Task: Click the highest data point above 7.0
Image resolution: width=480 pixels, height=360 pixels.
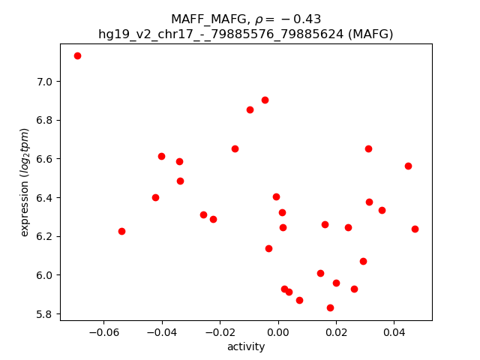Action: tap(77, 55)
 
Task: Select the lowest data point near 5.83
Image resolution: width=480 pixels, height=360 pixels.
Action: tap(330, 307)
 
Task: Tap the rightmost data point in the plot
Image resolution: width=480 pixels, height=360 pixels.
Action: tap(415, 229)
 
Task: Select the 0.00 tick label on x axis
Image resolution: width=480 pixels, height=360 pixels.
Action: tap(278, 332)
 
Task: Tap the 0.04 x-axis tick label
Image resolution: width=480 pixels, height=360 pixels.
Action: tap(394, 332)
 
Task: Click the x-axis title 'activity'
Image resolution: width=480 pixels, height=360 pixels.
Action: tap(246, 346)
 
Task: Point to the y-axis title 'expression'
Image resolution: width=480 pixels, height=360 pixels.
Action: tap(25, 182)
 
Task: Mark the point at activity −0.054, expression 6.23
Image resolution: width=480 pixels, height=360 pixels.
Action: tap(121, 231)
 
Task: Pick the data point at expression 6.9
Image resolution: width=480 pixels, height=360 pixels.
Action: tap(265, 100)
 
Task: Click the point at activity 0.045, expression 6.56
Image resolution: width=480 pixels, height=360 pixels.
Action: tap(408, 166)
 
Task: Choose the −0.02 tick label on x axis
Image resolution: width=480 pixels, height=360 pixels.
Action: tap(220, 332)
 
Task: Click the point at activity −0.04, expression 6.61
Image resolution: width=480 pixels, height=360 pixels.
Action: tap(161, 156)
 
